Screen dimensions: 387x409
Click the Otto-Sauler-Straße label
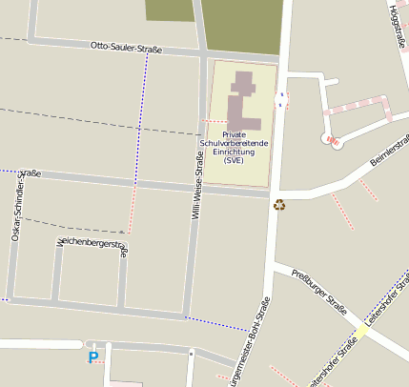[x=126, y=47]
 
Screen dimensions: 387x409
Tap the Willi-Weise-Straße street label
[x=196, y=189]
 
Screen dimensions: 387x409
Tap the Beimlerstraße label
[x=390, y=153]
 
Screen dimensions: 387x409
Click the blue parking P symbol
[x=92, y=358]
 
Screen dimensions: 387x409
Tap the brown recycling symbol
[x=279, y=203]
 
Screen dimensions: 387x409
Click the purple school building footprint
[x=243, y=101]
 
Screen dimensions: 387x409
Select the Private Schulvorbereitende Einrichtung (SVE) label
[x=234, y=148]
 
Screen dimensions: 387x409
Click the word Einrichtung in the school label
[x=235, y=152]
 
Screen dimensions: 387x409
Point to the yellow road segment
[x=360, y=334]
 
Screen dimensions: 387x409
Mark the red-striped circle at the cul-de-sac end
[x=333, y=141]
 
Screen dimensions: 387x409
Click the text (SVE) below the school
[x=235, y=160]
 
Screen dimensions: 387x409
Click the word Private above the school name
[x=234, y=134]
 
